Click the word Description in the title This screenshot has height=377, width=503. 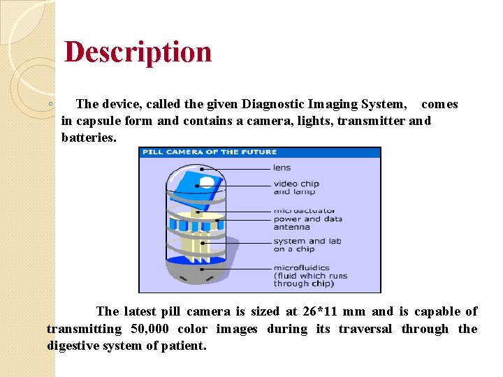[138, 52]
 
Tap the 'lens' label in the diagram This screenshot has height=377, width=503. [282, 168]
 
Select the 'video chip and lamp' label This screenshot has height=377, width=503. [296, 188]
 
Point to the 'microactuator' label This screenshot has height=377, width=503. [304, 210]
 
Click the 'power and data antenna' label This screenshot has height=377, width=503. [307, 223]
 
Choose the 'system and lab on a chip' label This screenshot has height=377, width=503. [307, 245]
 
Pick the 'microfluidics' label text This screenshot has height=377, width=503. [301, 267]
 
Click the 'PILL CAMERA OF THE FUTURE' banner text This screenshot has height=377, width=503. [210, 151]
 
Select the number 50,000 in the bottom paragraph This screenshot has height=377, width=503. [145, 329]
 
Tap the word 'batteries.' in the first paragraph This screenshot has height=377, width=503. [89, 138]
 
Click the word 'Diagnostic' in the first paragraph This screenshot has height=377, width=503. [276, 104]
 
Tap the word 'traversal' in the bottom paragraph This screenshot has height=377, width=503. [365, 329]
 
